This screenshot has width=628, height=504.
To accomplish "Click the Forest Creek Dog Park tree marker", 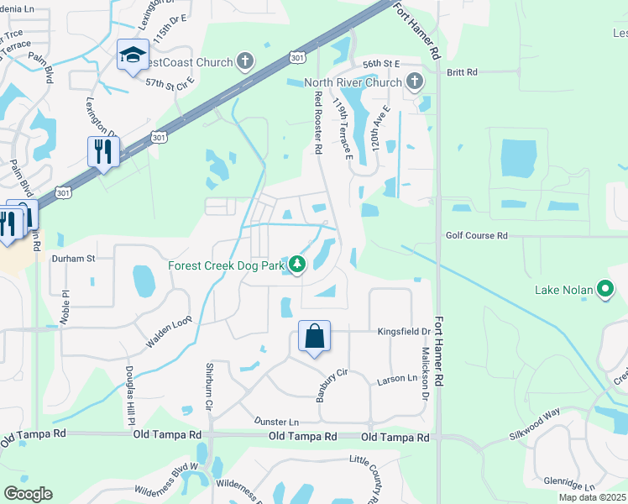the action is (296, 265).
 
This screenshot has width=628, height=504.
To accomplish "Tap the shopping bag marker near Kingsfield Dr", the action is (314, 337).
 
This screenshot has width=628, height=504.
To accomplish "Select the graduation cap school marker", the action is (132, 55).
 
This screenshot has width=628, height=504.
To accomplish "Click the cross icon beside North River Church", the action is (414, 81).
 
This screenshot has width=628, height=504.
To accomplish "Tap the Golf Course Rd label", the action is (477, 236).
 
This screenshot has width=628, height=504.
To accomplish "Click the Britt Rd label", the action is (462, 73).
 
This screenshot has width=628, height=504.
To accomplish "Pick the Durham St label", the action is (74, 259).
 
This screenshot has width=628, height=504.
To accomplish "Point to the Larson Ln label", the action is (396, 379).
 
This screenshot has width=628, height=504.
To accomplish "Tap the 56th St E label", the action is (379, 63).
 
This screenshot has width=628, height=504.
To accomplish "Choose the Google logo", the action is (28, 494).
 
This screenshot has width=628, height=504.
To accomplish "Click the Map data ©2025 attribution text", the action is (591, 497).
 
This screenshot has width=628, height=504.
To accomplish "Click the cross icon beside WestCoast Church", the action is (244, 60).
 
